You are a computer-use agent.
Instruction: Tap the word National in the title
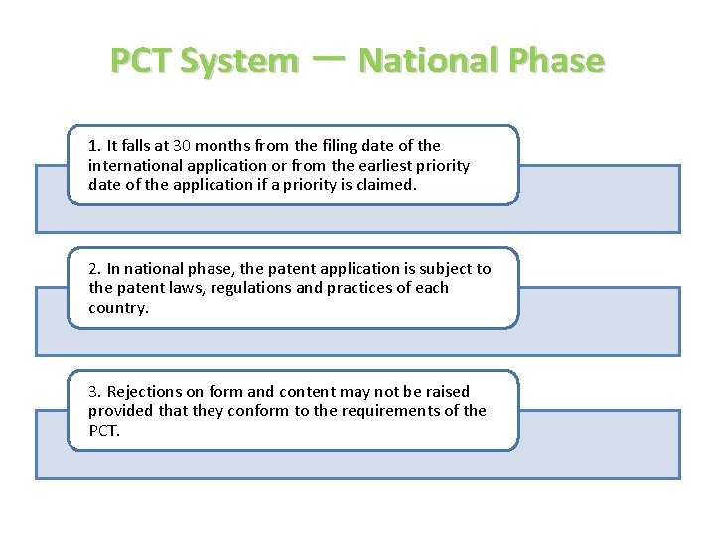(x=425, y=62)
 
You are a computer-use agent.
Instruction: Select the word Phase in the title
(x=553, y=62)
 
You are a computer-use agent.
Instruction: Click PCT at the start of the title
(x=141, y=62)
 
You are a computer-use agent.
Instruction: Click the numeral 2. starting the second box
(x=94, y=269)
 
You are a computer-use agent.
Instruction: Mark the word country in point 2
(x=118, y=308)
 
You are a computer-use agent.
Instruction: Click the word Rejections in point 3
(x=146, y=392)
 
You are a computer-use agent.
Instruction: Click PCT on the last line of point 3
(x=102, y=431)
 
